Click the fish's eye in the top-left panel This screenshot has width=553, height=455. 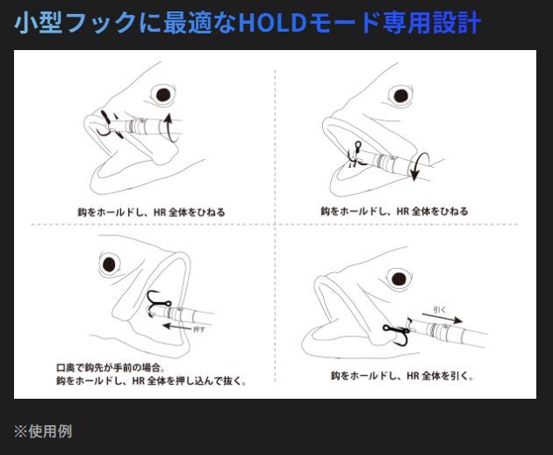point(163,95)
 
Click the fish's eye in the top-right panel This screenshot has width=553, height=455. point(400,96)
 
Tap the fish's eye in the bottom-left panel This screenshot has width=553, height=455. point(109,264)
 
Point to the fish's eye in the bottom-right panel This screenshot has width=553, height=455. point(399,278)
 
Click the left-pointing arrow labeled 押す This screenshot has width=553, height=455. point(177,327)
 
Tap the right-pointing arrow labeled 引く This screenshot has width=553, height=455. point(442,318)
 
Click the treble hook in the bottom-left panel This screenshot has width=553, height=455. point(158,302)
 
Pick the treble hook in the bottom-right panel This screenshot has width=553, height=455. point(399,333)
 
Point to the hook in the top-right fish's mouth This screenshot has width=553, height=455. point(355,155)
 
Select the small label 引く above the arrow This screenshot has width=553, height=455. point(440,309)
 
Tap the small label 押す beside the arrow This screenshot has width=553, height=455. point(199,329)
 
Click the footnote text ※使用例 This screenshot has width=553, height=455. point(43,431)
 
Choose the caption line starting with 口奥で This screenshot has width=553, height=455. point(111,367)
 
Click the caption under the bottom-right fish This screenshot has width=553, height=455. point(402,376)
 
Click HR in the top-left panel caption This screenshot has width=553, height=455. point(160,213)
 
